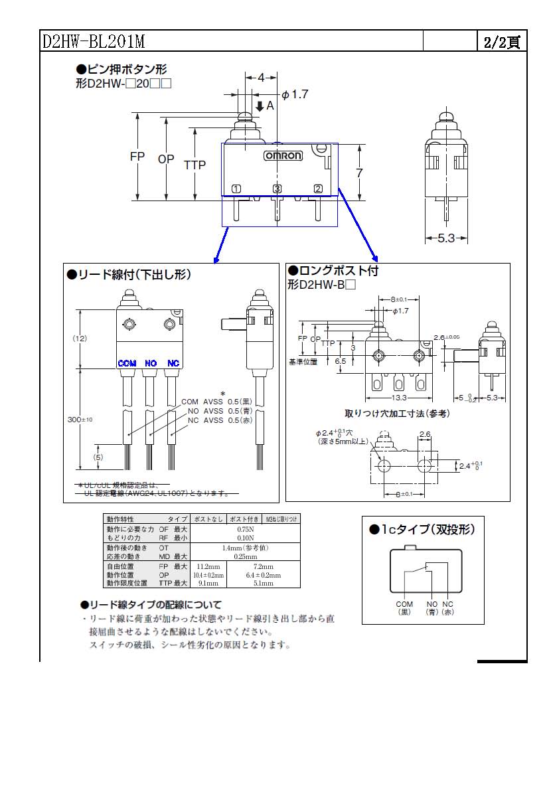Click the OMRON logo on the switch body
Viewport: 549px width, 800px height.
(283, 156)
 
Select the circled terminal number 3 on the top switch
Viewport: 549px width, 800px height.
(277, 189)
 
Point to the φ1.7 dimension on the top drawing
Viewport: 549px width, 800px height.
(295, 94)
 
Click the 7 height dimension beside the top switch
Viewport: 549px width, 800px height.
(358, 173)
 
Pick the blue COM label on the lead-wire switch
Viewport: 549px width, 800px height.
(127, 363)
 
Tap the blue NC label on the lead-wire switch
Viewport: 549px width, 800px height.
(173, 363)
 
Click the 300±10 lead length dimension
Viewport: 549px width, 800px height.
(80, 420)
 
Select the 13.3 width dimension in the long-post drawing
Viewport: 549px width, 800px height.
(400, 398)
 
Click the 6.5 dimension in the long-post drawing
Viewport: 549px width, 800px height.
(341, 361)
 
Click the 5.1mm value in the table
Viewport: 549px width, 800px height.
(263, 583)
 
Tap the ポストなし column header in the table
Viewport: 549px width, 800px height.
(208, 519)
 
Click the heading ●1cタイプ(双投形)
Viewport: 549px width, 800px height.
(422, 529)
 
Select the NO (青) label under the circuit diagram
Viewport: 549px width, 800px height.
(432, 607)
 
